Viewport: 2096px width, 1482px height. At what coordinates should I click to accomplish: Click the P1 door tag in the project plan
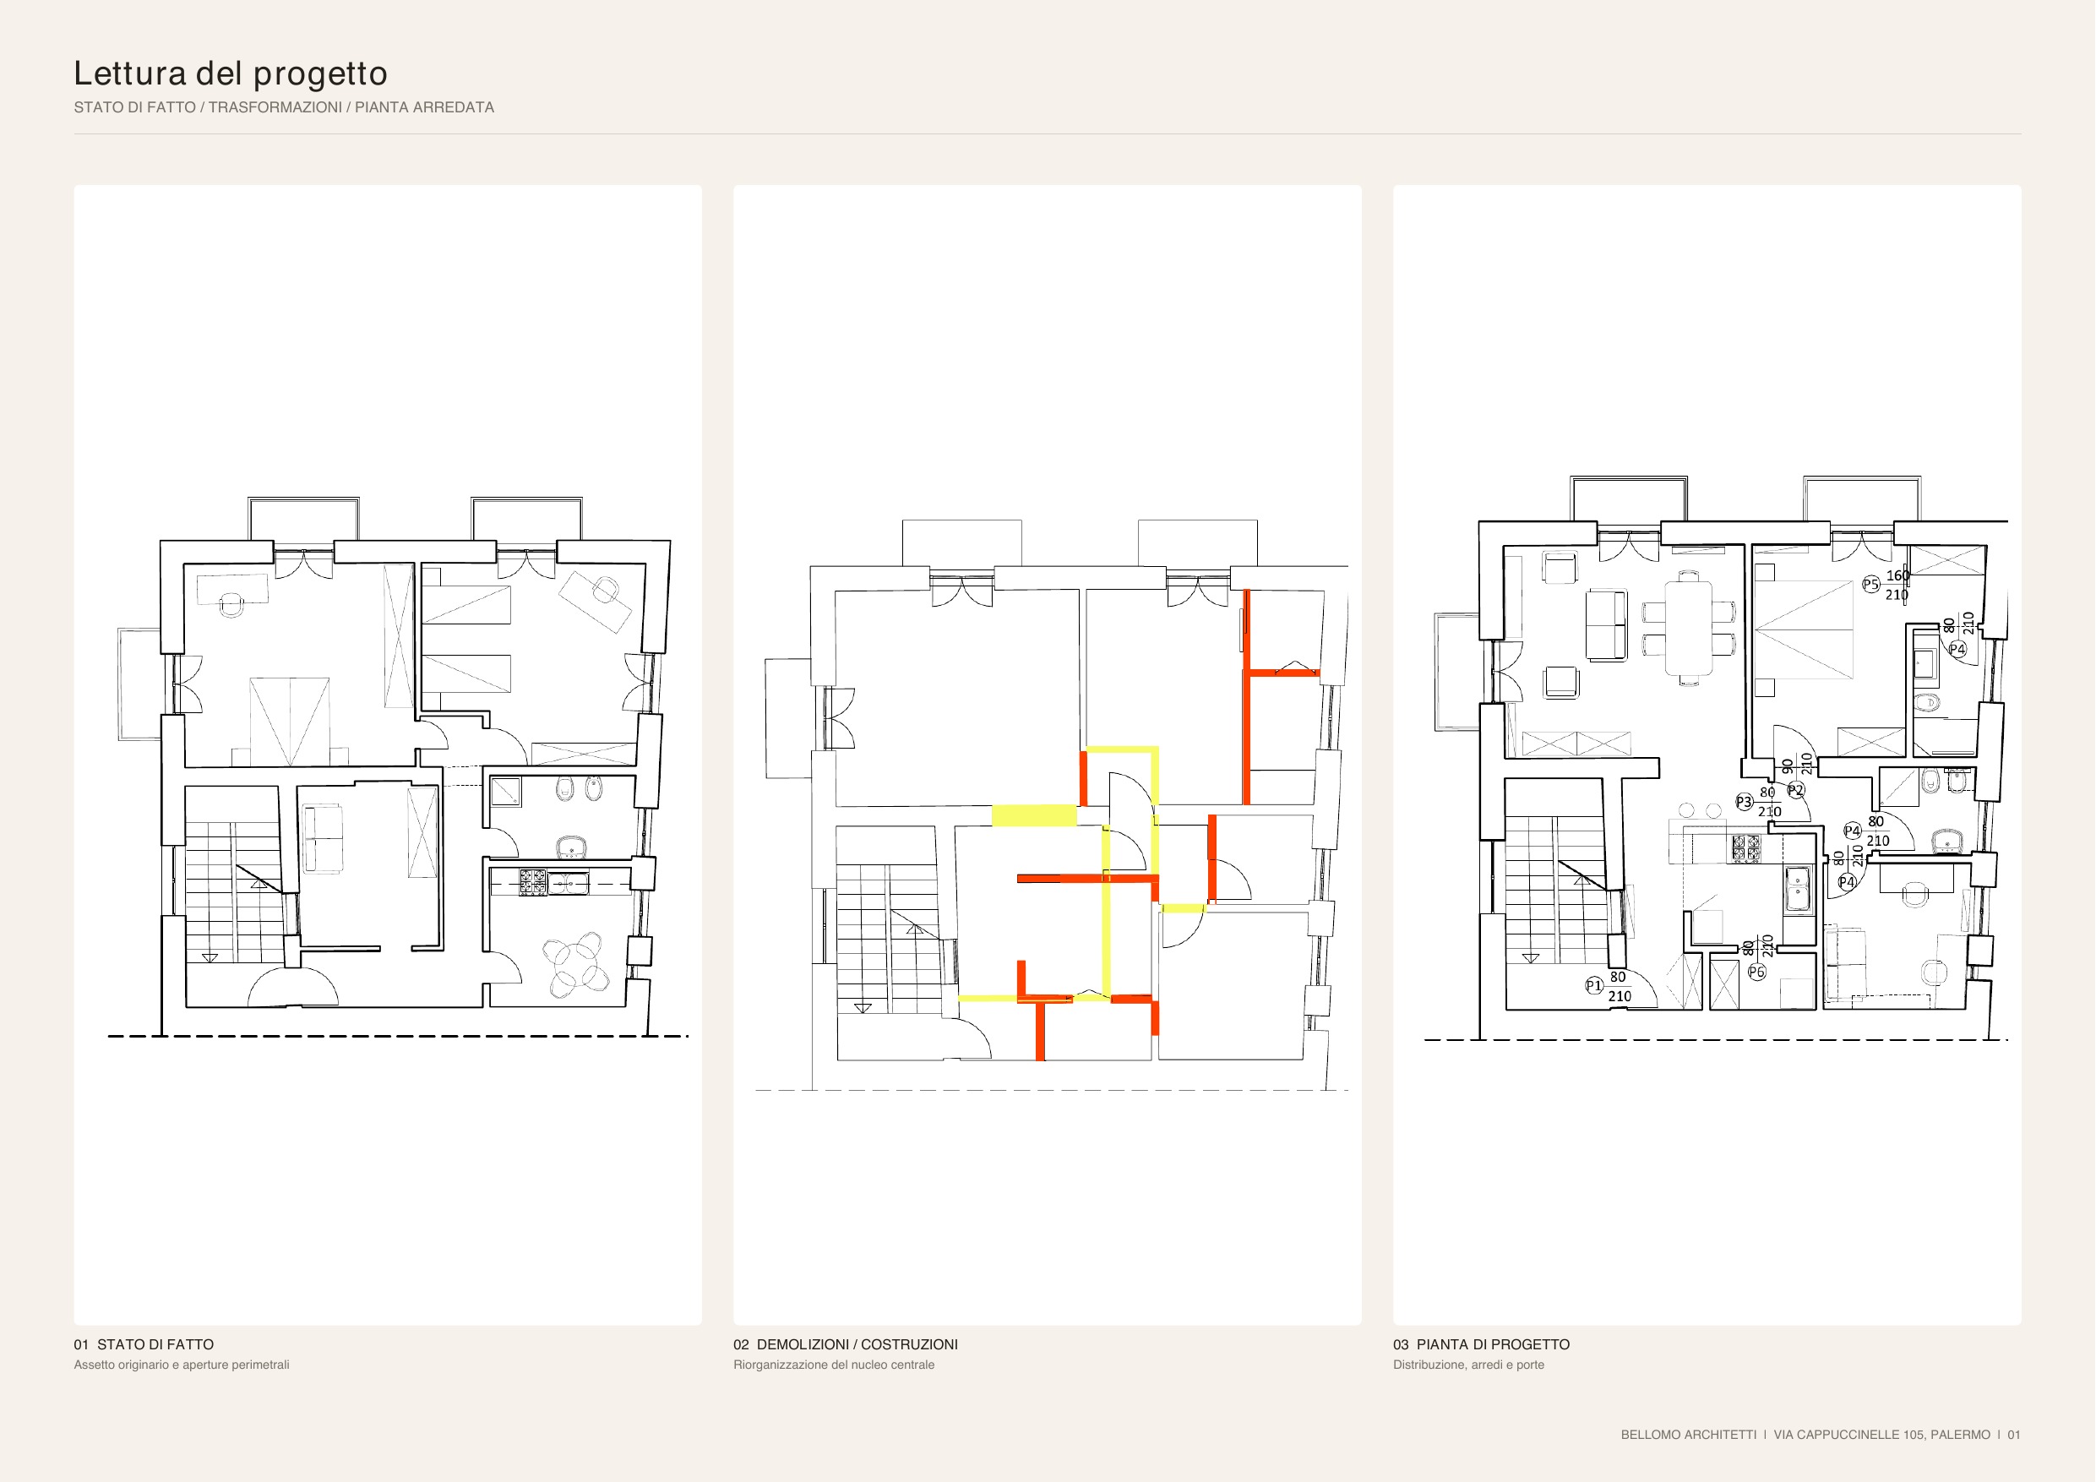[x=1594, y=985]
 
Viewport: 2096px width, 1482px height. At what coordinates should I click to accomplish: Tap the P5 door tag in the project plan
[x=1870, y=585]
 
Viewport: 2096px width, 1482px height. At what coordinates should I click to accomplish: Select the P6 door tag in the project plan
[x=1756, y=972]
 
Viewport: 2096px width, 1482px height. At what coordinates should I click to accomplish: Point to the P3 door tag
[x=1744, y=802]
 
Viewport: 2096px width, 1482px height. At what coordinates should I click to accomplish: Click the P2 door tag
[x=1795, y=790]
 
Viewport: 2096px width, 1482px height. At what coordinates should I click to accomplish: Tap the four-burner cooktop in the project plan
[x=1746, y=848]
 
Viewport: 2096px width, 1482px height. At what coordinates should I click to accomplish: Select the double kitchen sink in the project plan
[x=1798, y=889]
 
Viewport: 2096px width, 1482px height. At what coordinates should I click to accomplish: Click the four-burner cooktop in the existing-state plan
[x=533, y=882]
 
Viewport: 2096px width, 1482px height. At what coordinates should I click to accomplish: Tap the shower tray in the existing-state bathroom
[x=506, y=792]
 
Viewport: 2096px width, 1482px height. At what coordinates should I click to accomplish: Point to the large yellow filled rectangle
[x=1033, y=815]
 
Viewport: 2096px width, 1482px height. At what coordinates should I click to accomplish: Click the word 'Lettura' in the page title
[x=132, y=73]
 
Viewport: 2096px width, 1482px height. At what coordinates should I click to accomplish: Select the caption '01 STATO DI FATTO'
[x=144, y=1344]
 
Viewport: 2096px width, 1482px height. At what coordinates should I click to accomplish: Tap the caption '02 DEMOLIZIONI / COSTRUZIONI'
[x=846, y=1344]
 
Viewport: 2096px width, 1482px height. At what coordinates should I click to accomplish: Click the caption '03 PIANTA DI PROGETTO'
[x=1482, y=1344]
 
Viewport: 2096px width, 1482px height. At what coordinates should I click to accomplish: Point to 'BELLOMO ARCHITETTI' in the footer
[x=1689, y=1435]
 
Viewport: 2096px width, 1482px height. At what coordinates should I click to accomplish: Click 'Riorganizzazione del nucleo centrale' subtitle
[x=834, y=1365]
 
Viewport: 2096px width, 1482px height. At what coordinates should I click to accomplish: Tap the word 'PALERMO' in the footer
[x=1960, y=1435]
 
